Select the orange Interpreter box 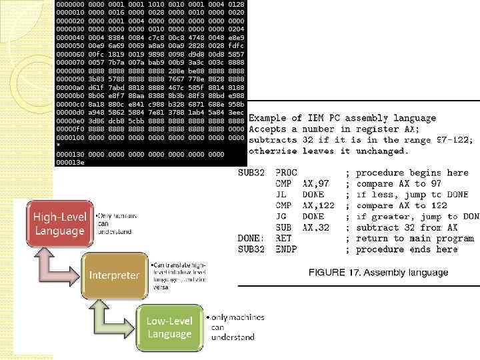click(115, 275)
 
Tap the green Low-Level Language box click(169, 327)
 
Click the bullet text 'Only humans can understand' click(117, 225)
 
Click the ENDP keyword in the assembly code click(286, 249)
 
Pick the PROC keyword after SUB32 click(286, 173)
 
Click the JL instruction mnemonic click(281, 195)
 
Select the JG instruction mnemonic click(281, 217)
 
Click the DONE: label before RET click(251, 238)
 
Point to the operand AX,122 click(318, 205)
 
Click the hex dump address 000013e click(70, 162)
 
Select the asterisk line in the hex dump click(59, 144)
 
